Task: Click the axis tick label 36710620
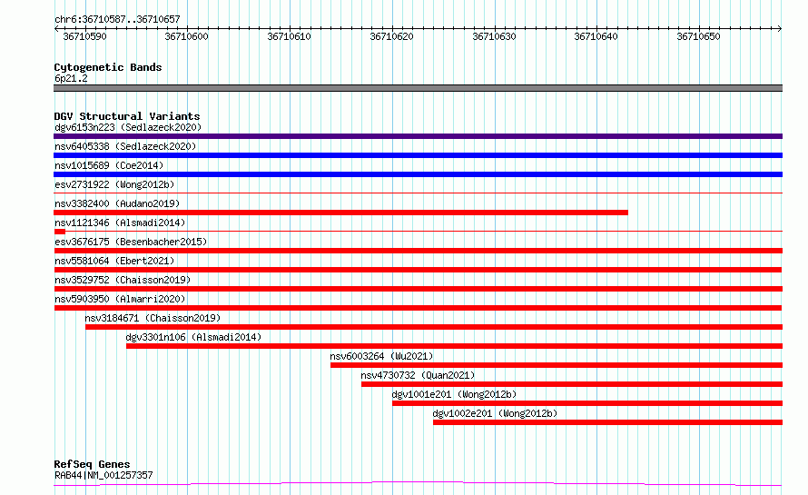391,36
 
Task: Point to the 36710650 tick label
698,36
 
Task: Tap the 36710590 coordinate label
84,36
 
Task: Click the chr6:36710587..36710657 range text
117,19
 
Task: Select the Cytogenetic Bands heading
108,67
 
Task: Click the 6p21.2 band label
71,78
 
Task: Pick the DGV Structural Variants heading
127,116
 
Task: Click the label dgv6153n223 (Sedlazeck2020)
128,127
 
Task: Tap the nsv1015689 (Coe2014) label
109,165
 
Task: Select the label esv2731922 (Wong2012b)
114,184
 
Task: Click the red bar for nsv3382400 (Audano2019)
340,213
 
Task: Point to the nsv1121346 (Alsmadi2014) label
120,223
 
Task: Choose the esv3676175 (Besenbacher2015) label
131,242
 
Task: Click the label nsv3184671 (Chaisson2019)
153,318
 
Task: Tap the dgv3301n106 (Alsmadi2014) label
193,337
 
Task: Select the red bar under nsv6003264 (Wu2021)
557,365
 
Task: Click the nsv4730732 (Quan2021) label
418,375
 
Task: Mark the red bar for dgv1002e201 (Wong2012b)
607,422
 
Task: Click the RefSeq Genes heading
92,464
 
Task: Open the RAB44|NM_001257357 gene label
103,475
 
